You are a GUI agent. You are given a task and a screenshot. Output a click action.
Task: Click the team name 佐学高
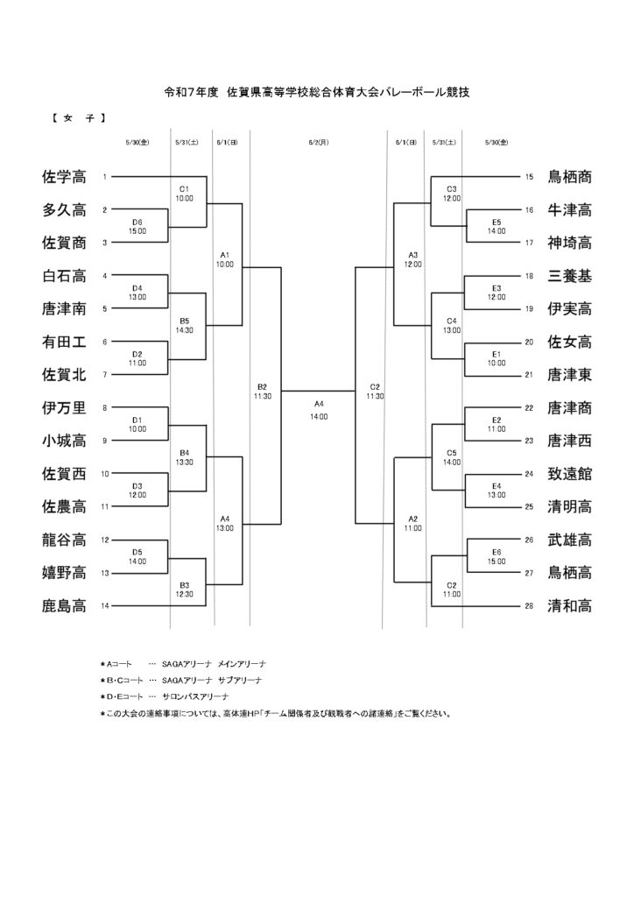64,177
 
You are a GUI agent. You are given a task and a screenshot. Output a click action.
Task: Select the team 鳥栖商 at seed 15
569,177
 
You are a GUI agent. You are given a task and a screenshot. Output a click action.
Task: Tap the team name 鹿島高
64,606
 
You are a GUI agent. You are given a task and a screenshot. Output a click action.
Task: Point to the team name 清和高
569,606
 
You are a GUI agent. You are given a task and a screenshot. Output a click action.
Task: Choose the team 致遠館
569,474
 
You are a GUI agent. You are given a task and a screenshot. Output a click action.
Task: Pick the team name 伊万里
64,408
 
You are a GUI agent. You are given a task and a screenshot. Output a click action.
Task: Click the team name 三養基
569,276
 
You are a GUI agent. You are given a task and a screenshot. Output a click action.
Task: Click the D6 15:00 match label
137,227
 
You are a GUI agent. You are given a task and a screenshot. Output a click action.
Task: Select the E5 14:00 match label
497,227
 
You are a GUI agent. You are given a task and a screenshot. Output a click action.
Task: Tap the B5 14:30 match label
184,326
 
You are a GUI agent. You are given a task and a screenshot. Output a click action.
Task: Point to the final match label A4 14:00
319,410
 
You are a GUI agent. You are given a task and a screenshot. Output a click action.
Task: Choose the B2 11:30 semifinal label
263,392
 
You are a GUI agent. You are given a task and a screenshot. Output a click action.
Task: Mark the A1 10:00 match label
225,259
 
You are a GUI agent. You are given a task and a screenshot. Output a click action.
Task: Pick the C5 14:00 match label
452,457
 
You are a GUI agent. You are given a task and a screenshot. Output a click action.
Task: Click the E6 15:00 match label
497,556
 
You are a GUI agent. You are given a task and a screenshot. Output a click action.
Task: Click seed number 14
104,606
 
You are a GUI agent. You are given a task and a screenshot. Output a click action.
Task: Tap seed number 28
529,606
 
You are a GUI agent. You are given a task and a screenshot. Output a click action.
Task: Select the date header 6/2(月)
319,143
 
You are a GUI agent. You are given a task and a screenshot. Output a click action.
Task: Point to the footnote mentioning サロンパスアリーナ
165,696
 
